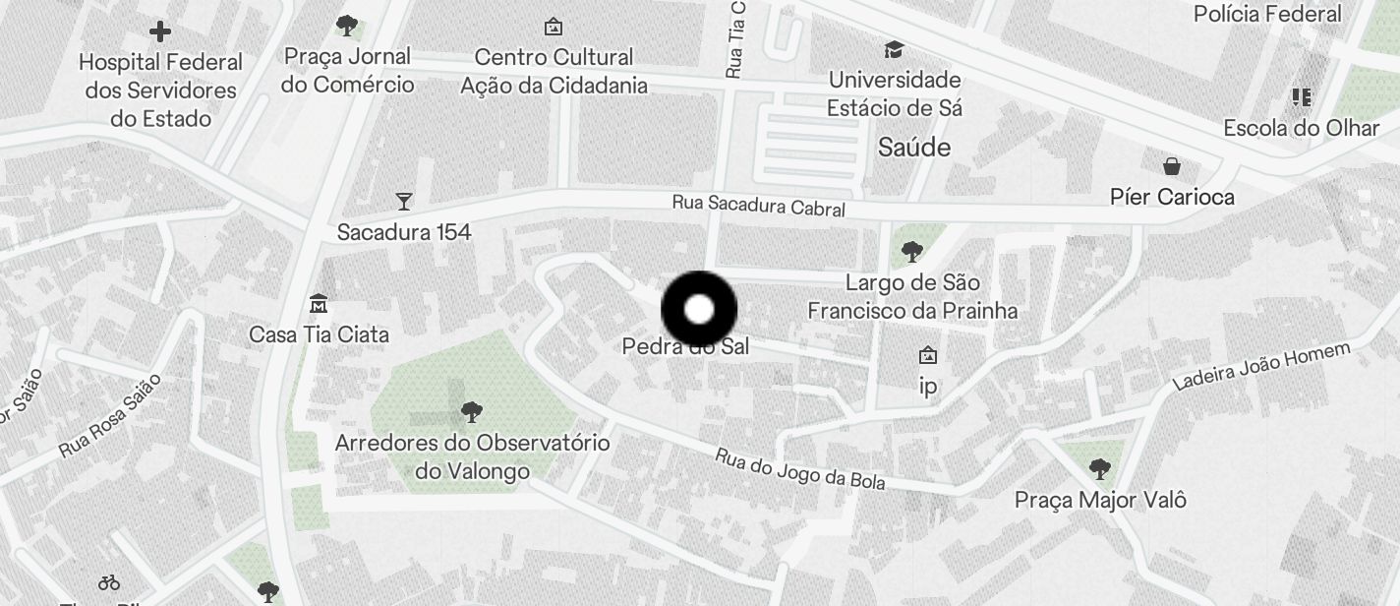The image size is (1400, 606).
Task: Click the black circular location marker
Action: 699,310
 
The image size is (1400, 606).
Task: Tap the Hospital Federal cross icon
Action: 159,32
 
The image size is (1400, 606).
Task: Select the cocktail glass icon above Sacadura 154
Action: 403,202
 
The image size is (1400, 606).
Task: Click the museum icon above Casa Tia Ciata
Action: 318,303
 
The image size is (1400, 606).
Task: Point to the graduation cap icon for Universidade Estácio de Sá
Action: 894,49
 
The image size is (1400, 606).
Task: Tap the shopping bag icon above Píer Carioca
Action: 1172,165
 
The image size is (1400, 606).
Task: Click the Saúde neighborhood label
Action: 914,148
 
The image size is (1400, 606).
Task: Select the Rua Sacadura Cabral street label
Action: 759,206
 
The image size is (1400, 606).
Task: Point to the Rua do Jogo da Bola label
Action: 800,469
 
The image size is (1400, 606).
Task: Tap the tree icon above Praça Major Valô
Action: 1100,468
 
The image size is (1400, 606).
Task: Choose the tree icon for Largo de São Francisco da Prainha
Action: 912,252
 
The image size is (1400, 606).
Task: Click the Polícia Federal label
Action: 1267,14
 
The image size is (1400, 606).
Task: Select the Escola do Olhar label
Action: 1302,128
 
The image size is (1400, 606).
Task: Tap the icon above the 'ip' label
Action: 927,355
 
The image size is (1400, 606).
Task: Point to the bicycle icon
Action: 109,583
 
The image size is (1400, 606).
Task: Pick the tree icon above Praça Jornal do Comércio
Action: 346,25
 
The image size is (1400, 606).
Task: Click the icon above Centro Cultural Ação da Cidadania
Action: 554,27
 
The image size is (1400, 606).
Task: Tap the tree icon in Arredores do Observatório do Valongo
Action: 472,410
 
